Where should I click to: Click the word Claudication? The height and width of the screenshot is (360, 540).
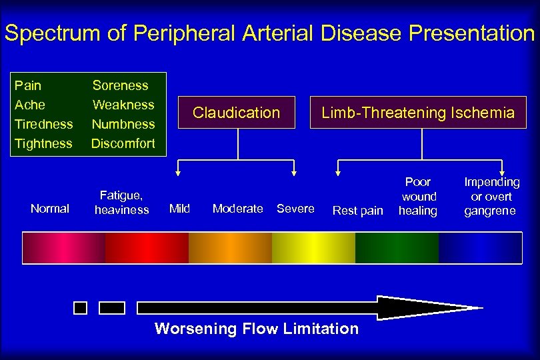tap(236, 113)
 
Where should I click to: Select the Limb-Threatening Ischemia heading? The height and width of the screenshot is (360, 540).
tap(418, 113)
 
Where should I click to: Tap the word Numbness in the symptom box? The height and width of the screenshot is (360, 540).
tap(123, 124)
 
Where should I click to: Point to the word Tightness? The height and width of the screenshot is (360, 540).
tap(43, 143)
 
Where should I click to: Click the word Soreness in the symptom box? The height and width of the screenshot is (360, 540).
tap(121, 85)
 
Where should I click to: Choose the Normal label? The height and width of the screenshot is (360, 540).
tap(50, 209)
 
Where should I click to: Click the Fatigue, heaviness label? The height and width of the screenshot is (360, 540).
tap(121, 203)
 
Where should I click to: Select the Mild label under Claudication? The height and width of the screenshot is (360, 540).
tap(179, 209)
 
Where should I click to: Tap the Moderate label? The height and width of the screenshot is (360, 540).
tap(237, 209)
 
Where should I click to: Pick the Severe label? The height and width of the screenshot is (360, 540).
tap(295, 209)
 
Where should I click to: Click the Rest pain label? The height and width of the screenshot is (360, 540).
tap(358, 211)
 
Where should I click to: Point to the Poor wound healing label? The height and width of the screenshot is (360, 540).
tap(418, 196)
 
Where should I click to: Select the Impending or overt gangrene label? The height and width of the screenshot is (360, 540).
tap(492, 196)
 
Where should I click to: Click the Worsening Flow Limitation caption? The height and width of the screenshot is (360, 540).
tap(257, 329)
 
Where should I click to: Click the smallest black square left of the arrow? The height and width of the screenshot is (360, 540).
tap(80, 307)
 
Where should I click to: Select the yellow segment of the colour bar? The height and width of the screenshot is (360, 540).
tap(313, 247)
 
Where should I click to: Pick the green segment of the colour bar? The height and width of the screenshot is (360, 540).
tap(397, 247)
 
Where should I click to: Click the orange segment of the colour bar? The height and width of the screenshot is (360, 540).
tap(230, 247)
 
